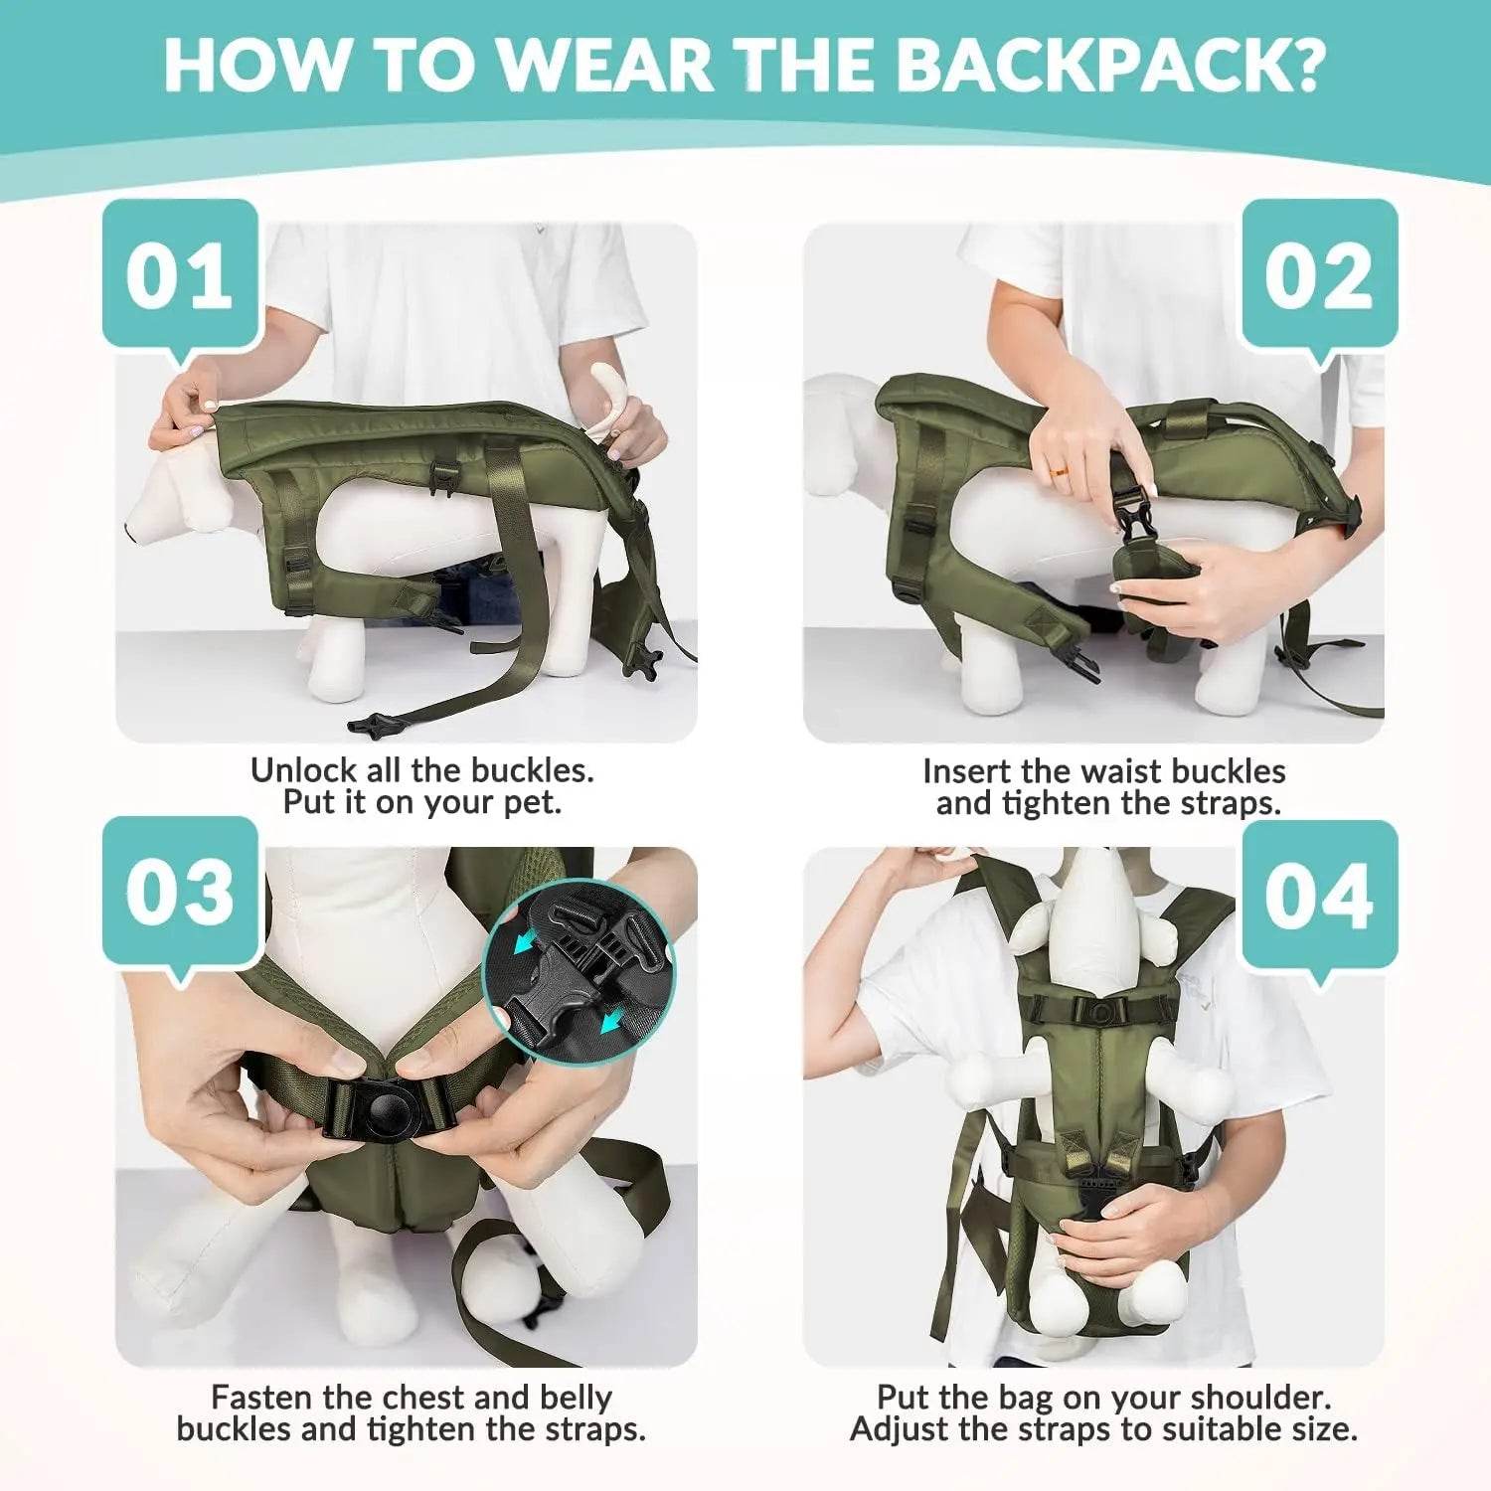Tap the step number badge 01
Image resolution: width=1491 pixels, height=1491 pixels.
pyautogui.click(x=180, y=275)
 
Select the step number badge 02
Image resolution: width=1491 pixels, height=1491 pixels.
pyautogui.click(x=1319, y=275)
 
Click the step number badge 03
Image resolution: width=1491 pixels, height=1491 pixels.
pyautogui.click(x=180, y=891)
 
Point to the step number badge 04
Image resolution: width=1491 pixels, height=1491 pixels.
pyautogui.click(x=1319, y=895)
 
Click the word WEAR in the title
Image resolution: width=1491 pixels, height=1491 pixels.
pyautogui.click(x=604, y=64)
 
